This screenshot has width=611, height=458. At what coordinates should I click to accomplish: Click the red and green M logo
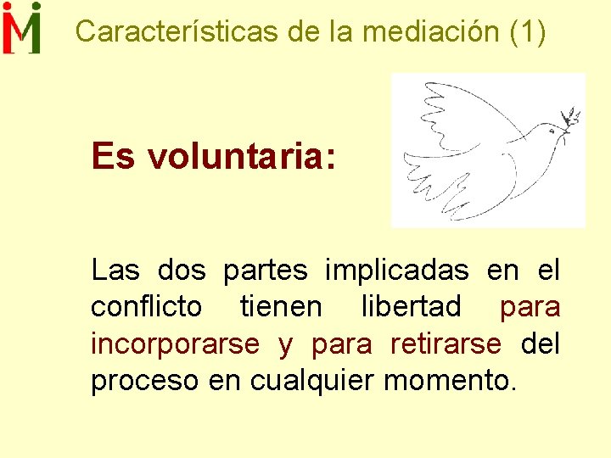tap(22, 28)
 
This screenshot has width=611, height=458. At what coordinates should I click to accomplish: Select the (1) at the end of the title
tap(530, 32)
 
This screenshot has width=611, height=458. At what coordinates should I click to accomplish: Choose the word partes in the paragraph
tap(265, 271)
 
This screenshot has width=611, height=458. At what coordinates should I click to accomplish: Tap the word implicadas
tap(396, 271)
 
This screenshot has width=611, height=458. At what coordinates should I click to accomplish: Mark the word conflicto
tap(146, 306)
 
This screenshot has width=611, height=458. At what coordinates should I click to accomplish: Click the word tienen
tap(281, 306)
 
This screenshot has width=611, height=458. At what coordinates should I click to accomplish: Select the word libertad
tap(411, 306)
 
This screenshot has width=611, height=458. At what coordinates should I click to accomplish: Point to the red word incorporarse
tap(175, 343)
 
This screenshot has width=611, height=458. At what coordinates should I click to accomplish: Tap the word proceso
tap(145, 381)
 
